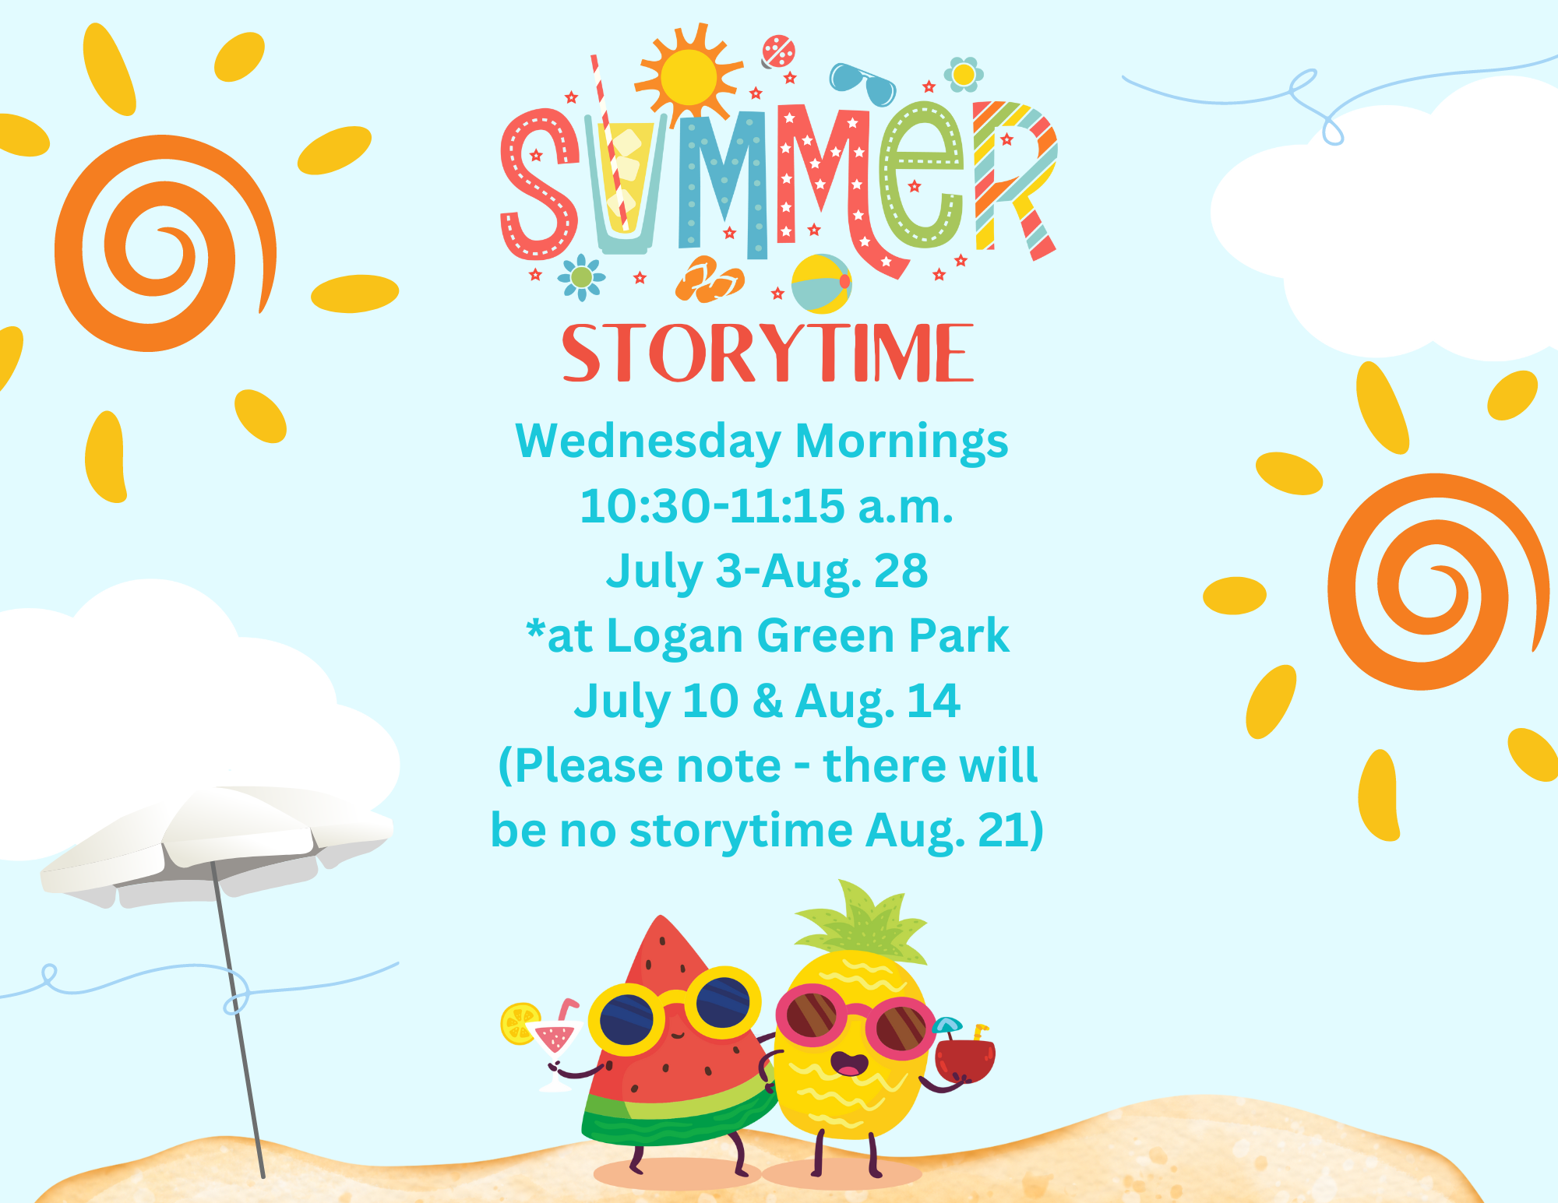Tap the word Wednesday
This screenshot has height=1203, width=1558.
[648, 441]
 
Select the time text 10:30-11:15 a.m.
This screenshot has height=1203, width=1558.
[767, 506]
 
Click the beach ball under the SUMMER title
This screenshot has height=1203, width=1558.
[821, 283]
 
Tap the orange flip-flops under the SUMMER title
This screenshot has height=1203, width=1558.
[709, 279]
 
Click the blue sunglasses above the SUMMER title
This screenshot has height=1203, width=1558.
[862, 83]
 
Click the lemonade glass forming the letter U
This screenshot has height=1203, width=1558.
[624, 184]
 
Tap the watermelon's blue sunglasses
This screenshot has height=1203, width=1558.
[675, 1010]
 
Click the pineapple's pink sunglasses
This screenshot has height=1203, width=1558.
[855, 1022]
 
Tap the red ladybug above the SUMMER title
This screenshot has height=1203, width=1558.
[777, 51]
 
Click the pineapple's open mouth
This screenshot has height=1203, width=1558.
[849, 1064]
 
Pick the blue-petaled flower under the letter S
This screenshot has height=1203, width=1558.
[581, 277]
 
